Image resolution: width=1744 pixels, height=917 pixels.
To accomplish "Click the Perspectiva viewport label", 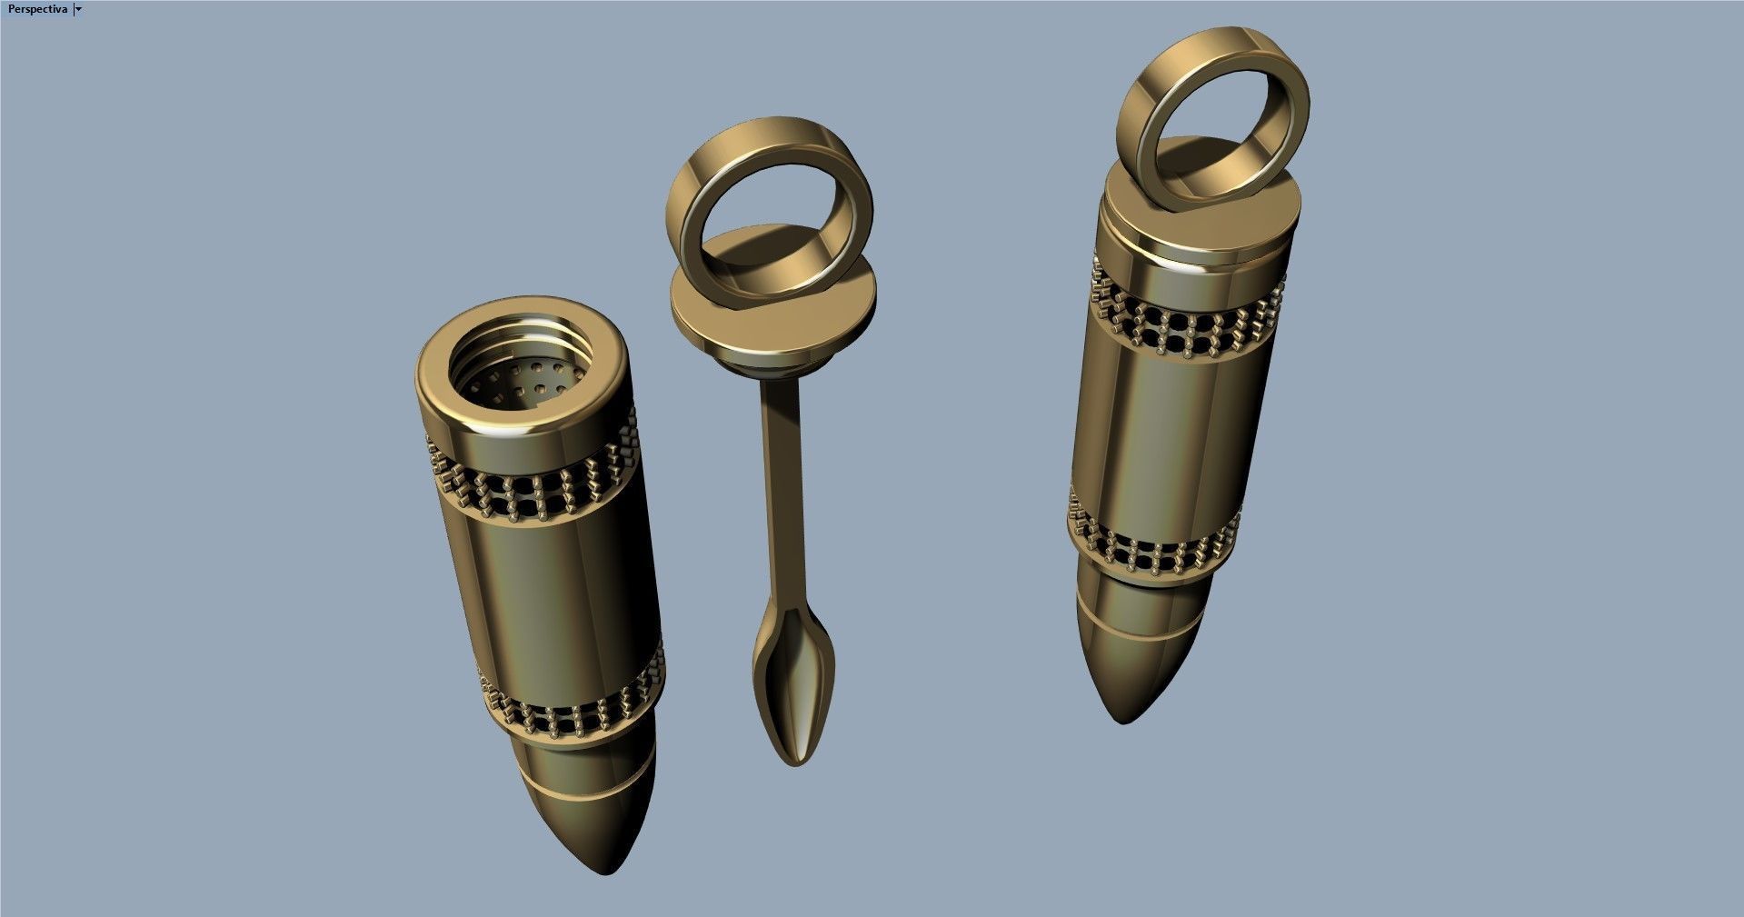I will (37, 8).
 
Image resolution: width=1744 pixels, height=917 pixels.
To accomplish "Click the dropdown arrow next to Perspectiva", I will (79, 9).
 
